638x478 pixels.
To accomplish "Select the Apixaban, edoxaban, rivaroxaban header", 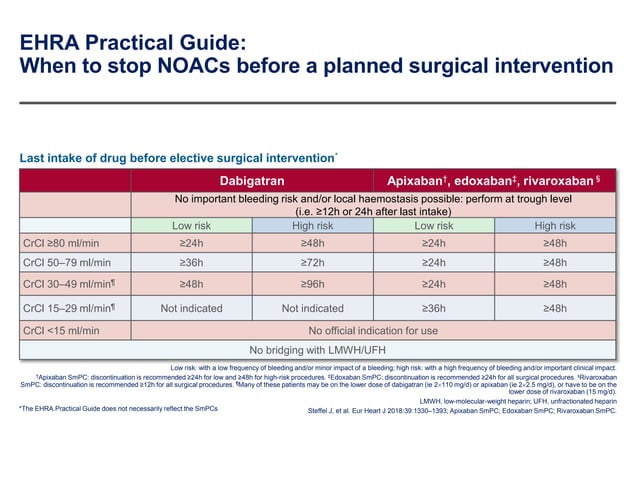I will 495,181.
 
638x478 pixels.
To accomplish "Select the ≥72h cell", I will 313,263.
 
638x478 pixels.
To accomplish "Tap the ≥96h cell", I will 313,285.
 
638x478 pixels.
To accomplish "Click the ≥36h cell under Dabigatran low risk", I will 191,263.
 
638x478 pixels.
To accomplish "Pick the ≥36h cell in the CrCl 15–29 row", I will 434,308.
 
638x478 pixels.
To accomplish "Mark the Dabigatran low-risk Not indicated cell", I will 191,308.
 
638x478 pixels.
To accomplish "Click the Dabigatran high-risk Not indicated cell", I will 313,308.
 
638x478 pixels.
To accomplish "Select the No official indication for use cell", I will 373,330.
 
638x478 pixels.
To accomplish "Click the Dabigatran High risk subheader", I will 313,225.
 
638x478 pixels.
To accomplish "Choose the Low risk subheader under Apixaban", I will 434,225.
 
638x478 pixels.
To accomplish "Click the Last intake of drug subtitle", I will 176,158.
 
